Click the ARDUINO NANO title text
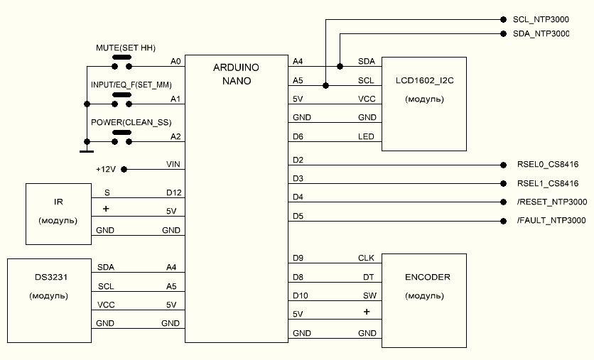click(237, 74)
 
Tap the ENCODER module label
click(424, 278)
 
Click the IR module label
click(58, 202)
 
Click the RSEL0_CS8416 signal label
click(548, 164)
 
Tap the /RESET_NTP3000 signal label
click(552, 202)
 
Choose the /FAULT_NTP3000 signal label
click(551, 221)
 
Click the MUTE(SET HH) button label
click(125, 47)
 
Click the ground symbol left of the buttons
click(87, 150)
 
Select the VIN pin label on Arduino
click(173, 164)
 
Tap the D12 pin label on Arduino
click(173, 192)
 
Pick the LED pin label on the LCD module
click(366, 136)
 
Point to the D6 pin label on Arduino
click(298, 136)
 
